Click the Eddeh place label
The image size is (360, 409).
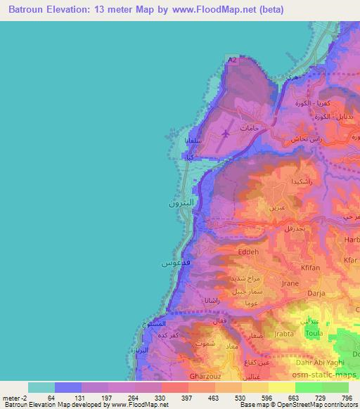pyautogui.click(x=248, y=251)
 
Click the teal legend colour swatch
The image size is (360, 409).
pyautogui.click(x=41, y=387)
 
